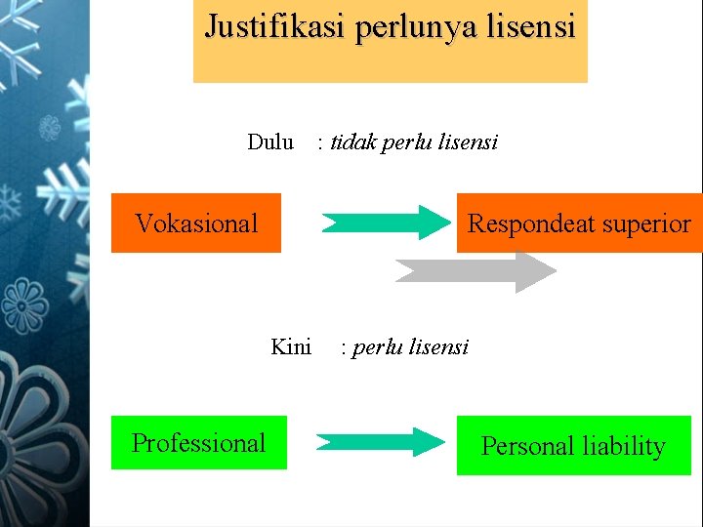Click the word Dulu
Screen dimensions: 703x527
pyautogui.click(x=270, y=142)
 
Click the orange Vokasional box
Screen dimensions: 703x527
pyautogui.click(x=196, y=223)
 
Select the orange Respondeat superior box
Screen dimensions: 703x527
pyautogui.click(x=579, y=223)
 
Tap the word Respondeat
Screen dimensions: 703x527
pyautogui.click(x=531, y=223)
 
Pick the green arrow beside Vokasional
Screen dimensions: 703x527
pyautogui.click(x=383, y=223)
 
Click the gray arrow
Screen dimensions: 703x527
pyautogui.click(x=476, y=271)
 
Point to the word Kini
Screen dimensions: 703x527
pyautogui.click(x=291, y=346)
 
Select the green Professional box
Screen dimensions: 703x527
pyautogui.click(x=199, y=443)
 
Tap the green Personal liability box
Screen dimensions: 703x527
pyautogui.click(x=573, y=446)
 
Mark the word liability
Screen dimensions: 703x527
pyautogui.click(x=623, y=446)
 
